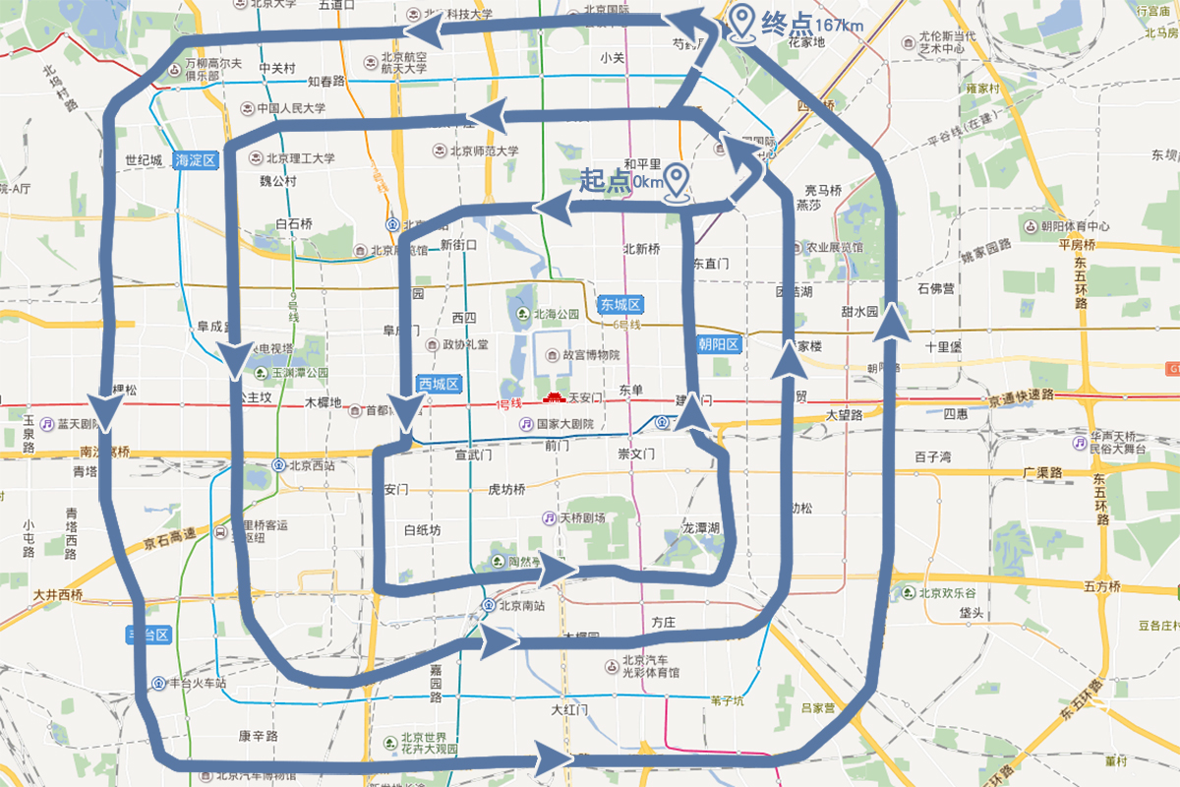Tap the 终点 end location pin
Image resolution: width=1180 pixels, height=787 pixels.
742,22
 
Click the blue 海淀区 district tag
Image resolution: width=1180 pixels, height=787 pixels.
194,159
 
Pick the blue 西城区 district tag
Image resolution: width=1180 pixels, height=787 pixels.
439,385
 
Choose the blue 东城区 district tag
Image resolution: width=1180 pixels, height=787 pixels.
619,305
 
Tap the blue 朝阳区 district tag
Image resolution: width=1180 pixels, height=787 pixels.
718,344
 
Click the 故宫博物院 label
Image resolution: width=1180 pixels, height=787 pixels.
590,355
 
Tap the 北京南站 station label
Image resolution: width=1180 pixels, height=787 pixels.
522,605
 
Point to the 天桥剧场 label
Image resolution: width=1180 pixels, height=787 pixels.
581,517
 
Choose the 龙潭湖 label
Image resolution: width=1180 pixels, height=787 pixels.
701,528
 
